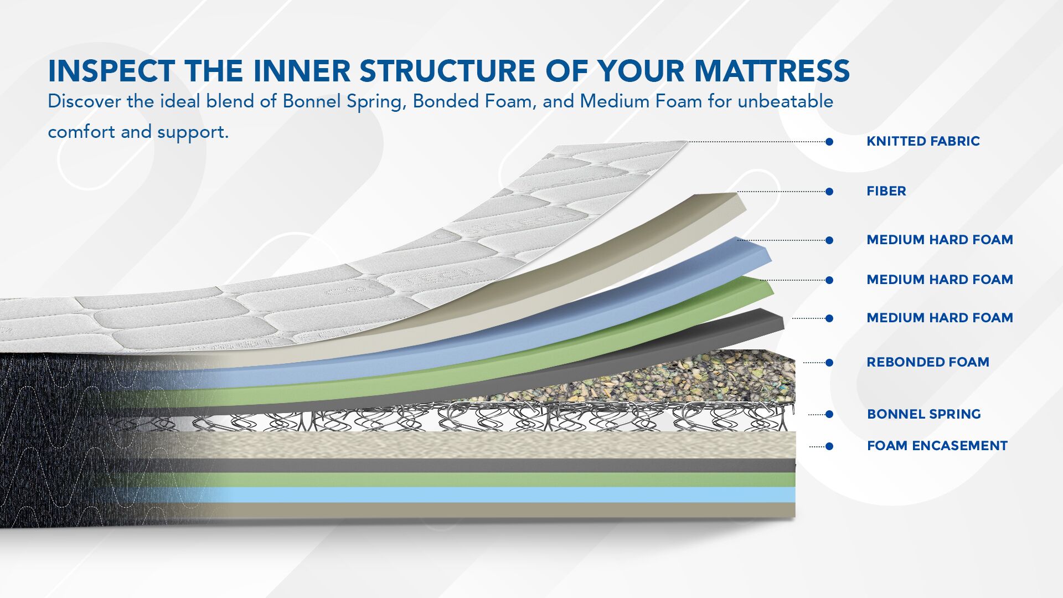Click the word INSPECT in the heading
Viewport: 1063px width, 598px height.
point(111,71)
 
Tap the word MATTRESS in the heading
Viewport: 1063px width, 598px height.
point(772,71)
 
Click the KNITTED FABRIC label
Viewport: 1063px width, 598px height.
point(923,141)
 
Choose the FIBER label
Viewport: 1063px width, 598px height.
point(886,191)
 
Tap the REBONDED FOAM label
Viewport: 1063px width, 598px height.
point(928,362)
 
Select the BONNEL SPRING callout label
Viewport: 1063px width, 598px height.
point(924,414)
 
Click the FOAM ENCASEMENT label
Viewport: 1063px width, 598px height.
point(937,446)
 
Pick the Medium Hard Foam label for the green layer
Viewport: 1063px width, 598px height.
point(940,280)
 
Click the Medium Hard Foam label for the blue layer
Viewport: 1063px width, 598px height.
point(940,240)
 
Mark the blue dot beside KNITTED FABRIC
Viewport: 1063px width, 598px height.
point(829,142)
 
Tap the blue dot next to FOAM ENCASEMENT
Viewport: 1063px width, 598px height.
point(829,446)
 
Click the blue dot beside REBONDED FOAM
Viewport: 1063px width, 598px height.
point(829,363)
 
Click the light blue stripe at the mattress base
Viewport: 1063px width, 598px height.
point(498,494)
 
